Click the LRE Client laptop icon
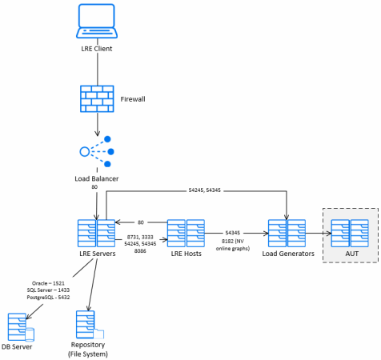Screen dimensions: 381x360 [x=97, y=21]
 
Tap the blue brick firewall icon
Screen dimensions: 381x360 [x=97, y=98]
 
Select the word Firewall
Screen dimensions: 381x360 [x=133, y=99]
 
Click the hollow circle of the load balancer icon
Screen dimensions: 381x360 [x=85, y=151]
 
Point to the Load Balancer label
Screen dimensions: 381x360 [x=97, y=178]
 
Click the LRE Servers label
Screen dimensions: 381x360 [x=98, y=254]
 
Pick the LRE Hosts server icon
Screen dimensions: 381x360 [x=186, y=234]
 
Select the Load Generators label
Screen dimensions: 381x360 [x=288, y=254]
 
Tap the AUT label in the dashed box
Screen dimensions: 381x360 [x=352, y=254]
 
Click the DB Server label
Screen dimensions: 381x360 [x=17, y=346]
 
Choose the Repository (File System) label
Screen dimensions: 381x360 [x=88, y=350]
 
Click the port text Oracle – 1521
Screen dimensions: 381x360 [x=48, y=283]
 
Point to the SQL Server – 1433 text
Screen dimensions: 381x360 [x=48, y=290]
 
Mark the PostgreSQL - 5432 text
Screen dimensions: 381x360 [x=48, y=297]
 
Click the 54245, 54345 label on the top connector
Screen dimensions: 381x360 [x=205, y=190]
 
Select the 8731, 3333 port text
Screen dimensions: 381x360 [x=140, y=237]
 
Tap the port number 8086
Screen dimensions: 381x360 [x=140, y=251]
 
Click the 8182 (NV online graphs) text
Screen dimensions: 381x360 [x=233, y=245]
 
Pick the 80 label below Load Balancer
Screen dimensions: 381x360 [x=94, y=187]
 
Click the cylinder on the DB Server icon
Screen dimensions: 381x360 [x=30, y=334]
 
